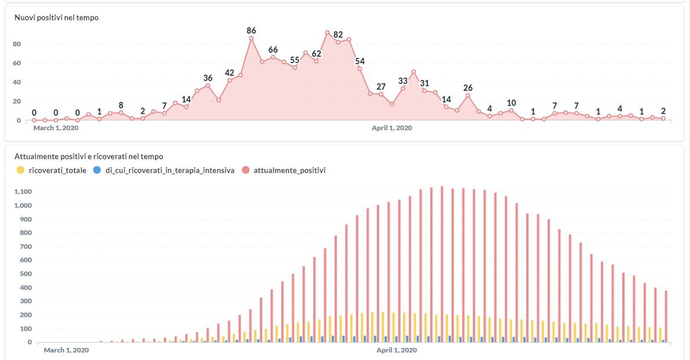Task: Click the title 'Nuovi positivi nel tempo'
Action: (56, 18)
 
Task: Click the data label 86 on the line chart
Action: (251, 31)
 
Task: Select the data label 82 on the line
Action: (338, 35)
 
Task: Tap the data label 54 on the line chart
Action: (360, 61)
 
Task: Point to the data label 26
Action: (468, 88)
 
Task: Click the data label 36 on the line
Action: (208, 78)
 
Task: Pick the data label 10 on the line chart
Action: (511, 103)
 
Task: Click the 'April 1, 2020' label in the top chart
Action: (392, 128)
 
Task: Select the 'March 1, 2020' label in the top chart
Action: (56, 128)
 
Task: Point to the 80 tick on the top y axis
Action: (17, 44)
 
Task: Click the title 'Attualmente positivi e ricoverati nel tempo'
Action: (89, 156)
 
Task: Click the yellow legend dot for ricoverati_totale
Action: (21, 170)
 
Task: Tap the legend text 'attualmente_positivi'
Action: (289, 170)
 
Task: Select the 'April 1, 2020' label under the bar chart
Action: (397, 350)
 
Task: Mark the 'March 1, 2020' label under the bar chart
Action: (67, 350)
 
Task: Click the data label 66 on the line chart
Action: (273, 50)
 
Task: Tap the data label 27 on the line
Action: (381, 87)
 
